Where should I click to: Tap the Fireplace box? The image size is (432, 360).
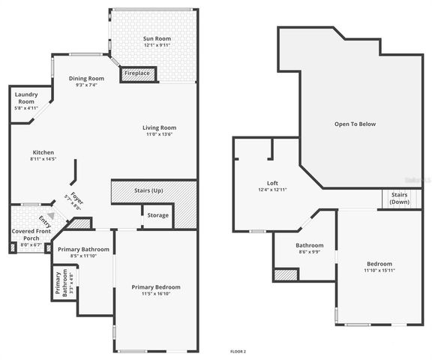pos(136,73)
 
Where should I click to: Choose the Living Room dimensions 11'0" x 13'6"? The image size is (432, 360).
pos(159,135)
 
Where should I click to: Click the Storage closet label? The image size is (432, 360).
pos(157,215)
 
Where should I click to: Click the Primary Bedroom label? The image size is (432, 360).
pos(156,287)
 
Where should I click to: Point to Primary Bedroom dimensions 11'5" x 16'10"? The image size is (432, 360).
pos(156,295)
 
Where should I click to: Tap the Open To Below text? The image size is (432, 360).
pos(355,124)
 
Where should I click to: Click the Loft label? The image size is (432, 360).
pos(272,183)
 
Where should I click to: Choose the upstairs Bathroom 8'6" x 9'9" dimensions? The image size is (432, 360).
pos(309,252)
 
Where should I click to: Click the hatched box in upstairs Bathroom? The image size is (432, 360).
pos(286,275)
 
